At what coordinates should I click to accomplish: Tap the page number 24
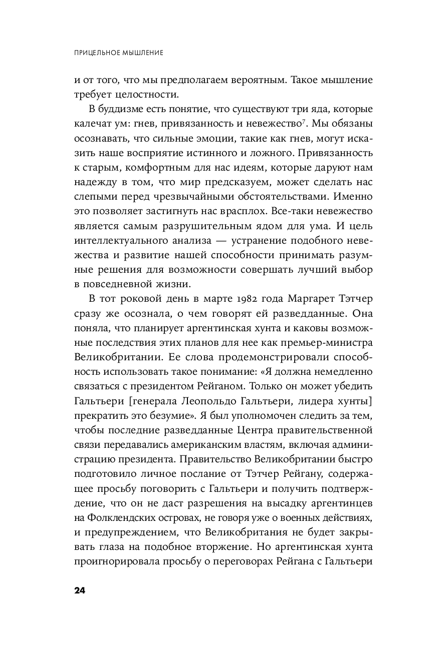(x=80, y=590)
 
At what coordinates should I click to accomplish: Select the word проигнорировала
(x=114, y=560)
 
